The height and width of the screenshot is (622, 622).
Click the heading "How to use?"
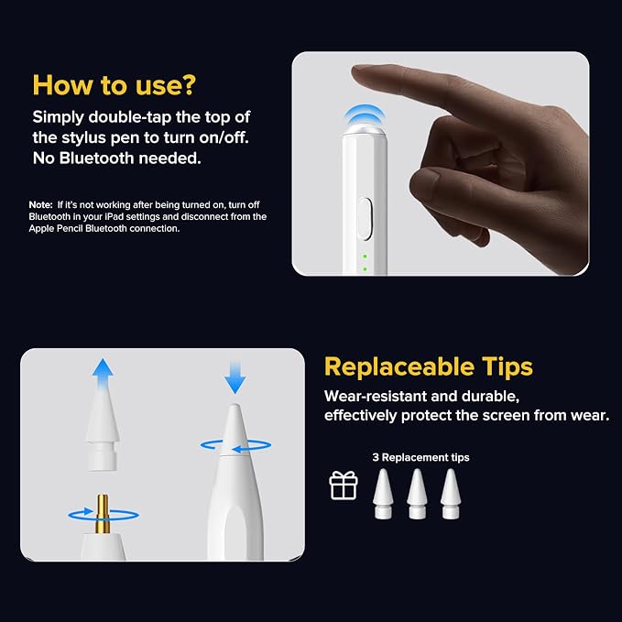click(115, 85)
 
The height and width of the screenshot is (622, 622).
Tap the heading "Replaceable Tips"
click(429, 366)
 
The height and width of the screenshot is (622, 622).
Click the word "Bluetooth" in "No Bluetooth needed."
click(96, 158)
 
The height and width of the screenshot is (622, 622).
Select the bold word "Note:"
click(40, 204)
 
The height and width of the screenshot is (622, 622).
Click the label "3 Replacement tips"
click(420, 457)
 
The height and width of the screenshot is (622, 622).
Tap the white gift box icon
click(344, 486)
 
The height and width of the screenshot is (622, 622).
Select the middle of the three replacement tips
click(418, 494)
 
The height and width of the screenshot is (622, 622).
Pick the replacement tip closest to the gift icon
click(383, 494)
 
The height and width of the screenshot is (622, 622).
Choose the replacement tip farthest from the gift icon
click(451, 494)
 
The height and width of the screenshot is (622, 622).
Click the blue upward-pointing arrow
click(103, 373)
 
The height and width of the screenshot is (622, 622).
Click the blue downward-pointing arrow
click(235, 376)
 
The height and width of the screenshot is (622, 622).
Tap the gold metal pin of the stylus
click(103, 514)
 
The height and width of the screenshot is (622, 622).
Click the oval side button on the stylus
click(365, 219)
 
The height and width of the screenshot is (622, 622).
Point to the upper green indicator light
click(365, 256)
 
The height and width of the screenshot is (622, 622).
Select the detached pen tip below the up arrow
click(103, 431)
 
